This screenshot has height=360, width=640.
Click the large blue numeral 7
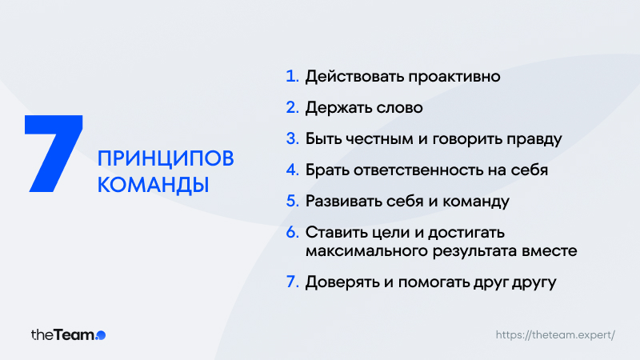point(54,154)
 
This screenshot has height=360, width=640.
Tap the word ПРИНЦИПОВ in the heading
point(166,158)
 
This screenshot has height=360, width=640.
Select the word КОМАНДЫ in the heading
point(153,185)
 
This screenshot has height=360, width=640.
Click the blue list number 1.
point(292,76)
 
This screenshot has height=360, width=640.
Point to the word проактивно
point(454,77)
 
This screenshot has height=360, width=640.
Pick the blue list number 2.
point(292,107)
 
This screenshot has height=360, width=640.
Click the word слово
point(399,108)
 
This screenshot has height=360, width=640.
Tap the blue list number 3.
point(292,138)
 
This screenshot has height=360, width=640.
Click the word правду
point(534,139)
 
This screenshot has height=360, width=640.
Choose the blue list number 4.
point(292,170)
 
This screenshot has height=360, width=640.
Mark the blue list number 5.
point(292,201)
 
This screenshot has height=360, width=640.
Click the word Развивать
point(343,202)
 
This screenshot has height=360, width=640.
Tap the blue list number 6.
point(292,232)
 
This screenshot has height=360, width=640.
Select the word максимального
point(366,250)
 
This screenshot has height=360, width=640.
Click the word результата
point(474,251)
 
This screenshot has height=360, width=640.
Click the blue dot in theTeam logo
point(101,335)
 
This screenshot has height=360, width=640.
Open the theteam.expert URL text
point(555,335)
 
